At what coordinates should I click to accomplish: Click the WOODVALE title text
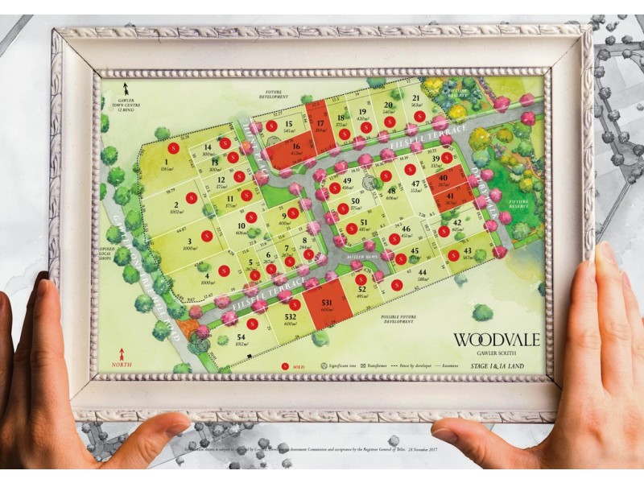[x=496, y=339]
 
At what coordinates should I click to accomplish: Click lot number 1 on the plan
[x=166, y=163]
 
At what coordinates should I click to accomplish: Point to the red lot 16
[x=294, y=150]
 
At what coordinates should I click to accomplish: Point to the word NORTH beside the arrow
[x=122, y=365]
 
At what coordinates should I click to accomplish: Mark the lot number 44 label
[x=422, y=272]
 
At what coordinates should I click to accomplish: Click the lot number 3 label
[x=189, y=241]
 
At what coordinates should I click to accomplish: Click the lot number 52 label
[x=361, y=287]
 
